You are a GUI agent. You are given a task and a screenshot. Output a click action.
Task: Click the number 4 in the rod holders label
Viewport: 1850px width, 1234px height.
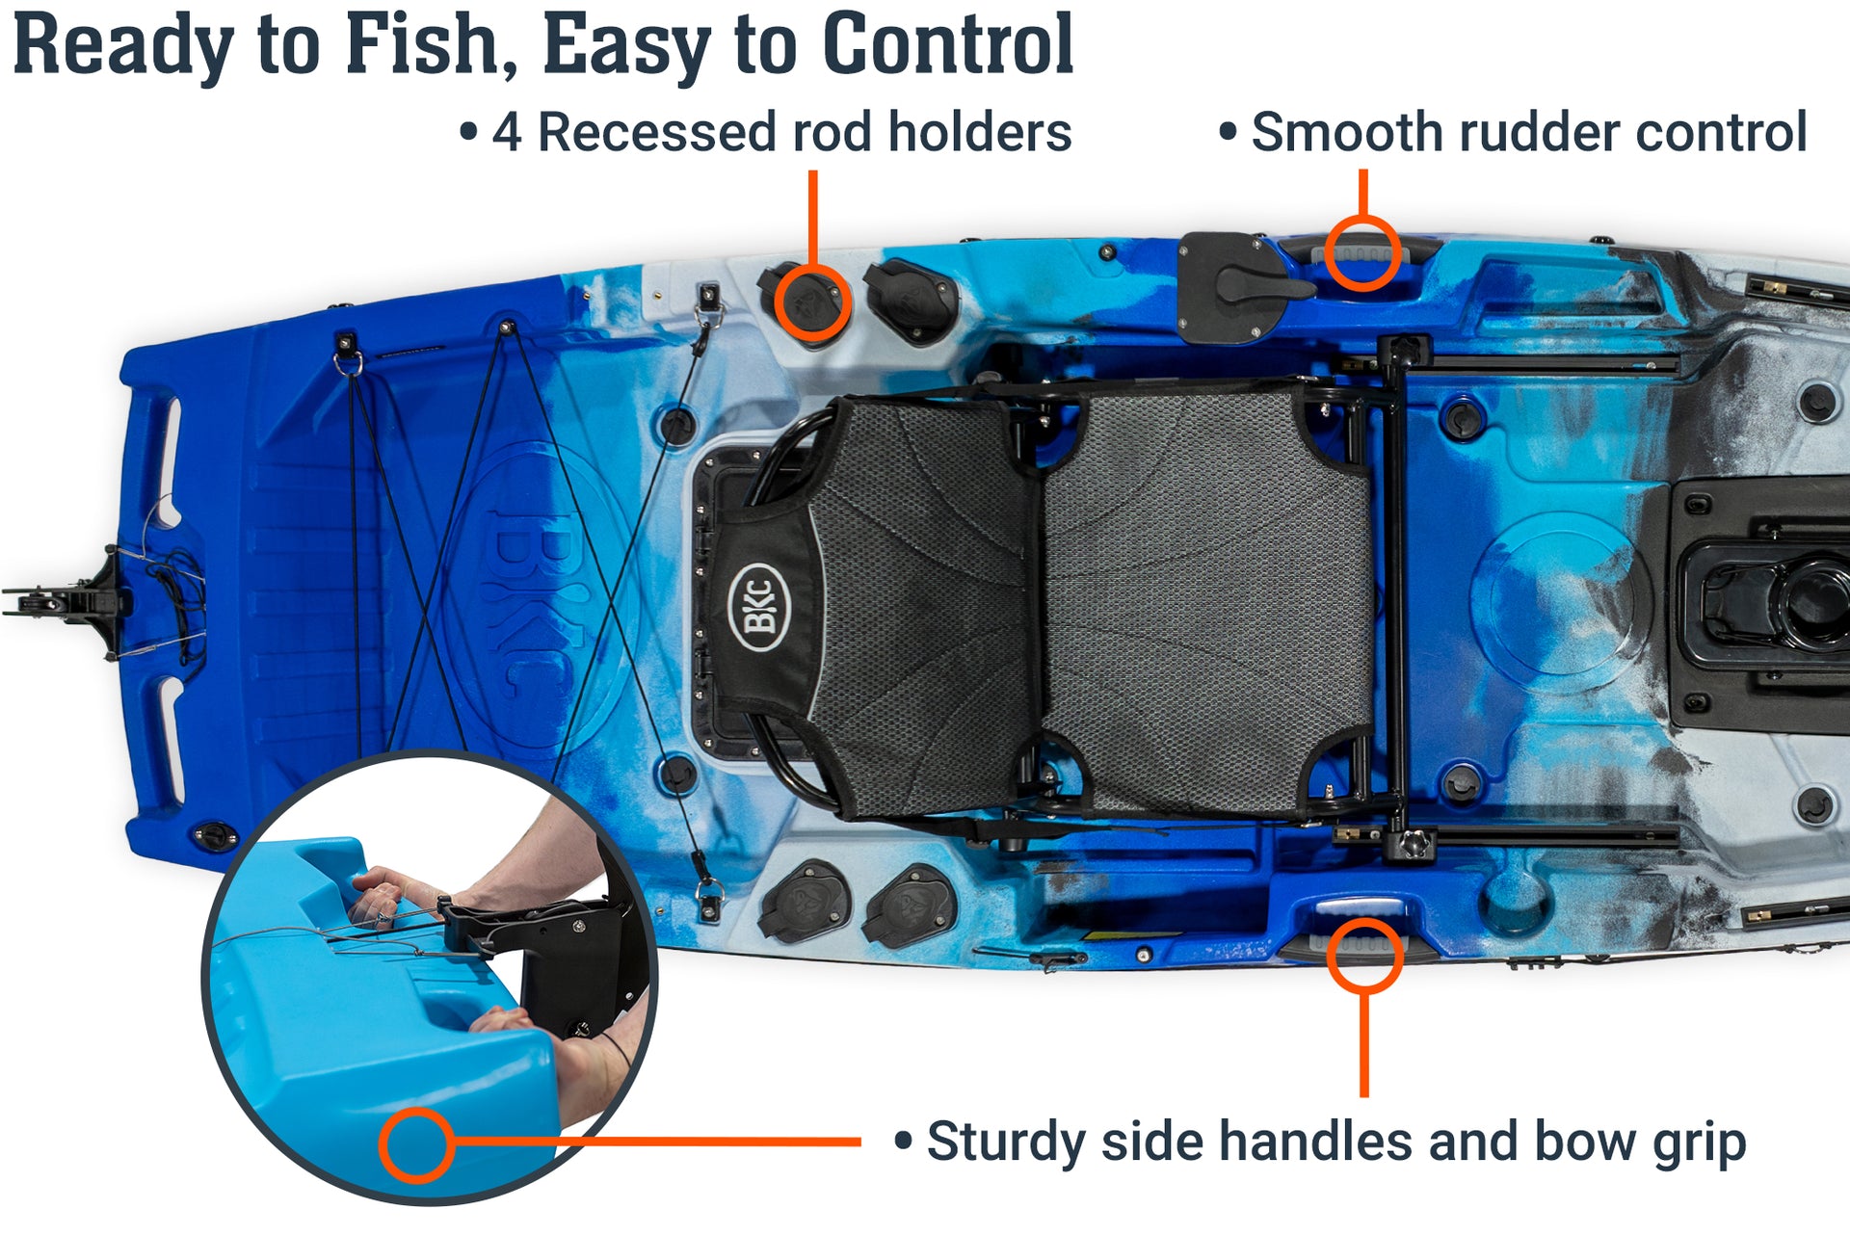(507, 132)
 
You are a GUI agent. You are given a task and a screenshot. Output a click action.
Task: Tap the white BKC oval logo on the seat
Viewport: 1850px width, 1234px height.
(758, 607)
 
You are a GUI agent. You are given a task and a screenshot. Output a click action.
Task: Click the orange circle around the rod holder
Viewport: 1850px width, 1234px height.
(811, 302)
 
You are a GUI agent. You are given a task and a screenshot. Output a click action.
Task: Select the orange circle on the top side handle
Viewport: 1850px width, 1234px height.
(1361, 252)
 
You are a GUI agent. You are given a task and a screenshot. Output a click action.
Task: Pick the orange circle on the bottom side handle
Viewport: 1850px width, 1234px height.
(1363, 955)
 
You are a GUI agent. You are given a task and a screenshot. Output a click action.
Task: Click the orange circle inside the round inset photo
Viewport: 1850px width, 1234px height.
(416, 1144)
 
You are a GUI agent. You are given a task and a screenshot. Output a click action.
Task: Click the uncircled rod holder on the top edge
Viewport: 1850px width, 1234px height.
(908, 302)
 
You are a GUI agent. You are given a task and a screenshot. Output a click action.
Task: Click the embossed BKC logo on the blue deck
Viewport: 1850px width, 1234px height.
(525, 597)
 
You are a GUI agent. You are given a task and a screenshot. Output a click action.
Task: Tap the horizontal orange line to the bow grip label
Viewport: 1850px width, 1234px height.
(655, 1142)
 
